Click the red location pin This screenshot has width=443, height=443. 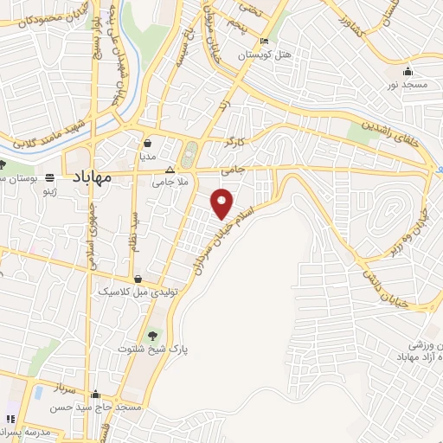[222, 202]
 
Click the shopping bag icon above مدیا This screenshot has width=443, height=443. [149, 144]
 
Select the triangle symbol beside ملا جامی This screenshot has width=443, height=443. [170, 170]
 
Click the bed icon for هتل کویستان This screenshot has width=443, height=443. [264, 42]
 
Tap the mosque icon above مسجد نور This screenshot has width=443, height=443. [408, 71]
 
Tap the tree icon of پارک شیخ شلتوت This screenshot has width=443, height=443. [152, 333]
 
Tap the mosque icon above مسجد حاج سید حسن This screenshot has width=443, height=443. [96, 395]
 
